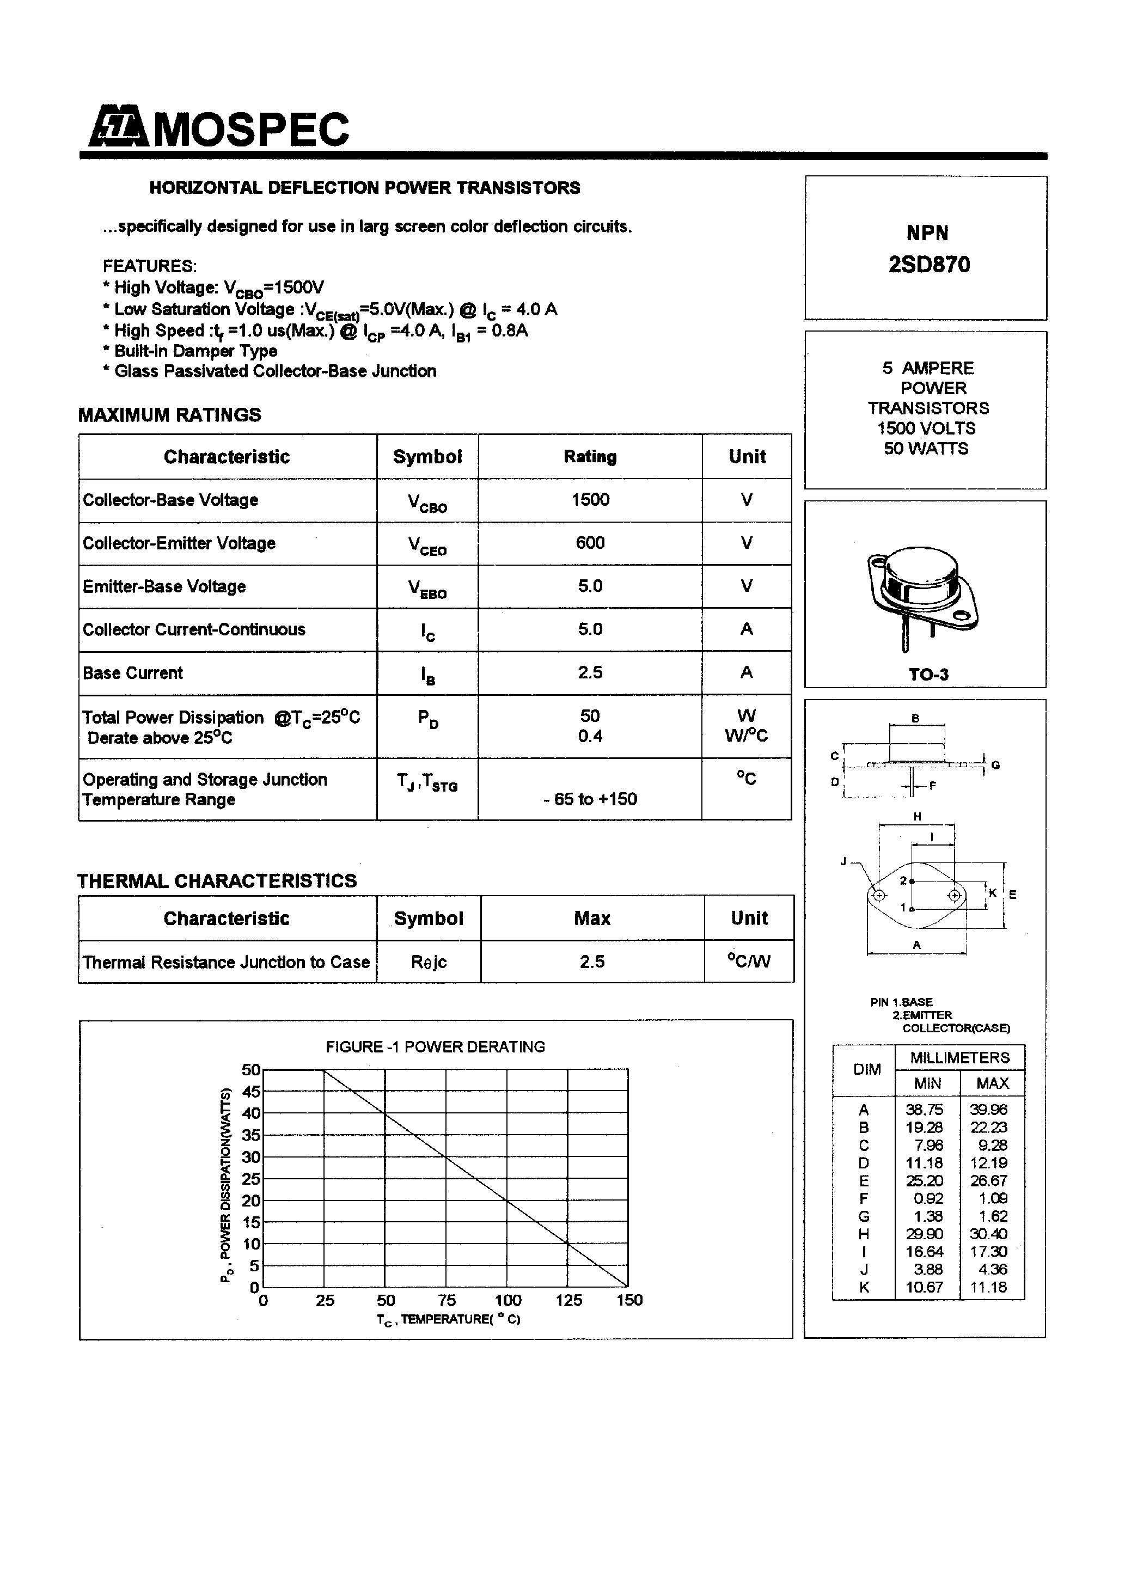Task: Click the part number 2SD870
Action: [x=929, y=264]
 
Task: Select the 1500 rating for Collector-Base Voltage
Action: [x=590, y=499]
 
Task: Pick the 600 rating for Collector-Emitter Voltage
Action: [x=590, y=543]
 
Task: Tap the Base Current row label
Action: [x=132, y=672]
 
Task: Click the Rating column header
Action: [x=590, y=456]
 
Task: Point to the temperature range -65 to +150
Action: [x=590, y=799]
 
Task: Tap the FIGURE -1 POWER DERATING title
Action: [x=435, y=1046]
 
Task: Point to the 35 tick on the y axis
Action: [x=250, y=1135]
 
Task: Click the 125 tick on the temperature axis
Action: [x=568, y=1300]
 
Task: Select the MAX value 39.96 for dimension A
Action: [x=988, y=1110]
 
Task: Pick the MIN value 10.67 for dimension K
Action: [x=924, y=1287]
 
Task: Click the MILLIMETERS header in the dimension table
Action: [x=959, y=1057]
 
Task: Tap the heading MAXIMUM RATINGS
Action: [x=169, y=415]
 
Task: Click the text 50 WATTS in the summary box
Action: [x=925, y=449]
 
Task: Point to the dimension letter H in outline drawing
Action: [x=917, y=817]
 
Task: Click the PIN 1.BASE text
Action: [x=901, y=1002]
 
